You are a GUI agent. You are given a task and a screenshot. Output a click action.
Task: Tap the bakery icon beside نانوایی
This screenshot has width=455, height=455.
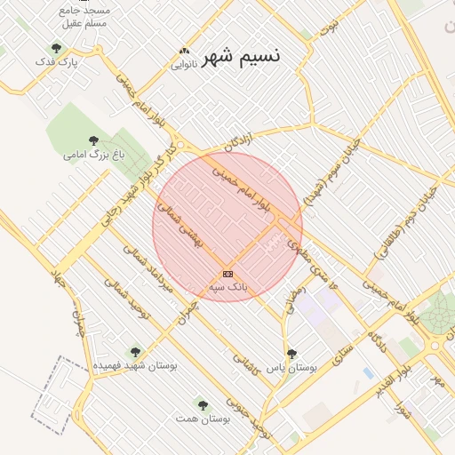coord(183,51)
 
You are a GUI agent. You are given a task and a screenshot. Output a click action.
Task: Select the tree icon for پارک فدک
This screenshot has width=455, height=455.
coord(57,48)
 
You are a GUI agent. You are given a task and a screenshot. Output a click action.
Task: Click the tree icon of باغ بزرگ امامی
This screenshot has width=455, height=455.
coord(94,140)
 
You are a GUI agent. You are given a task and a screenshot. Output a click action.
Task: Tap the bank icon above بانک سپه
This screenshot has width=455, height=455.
coord(228,274)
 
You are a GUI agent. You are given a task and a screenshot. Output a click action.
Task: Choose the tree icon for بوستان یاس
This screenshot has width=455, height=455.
coord(291,354)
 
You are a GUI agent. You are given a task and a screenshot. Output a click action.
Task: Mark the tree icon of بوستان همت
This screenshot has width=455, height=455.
coord(203,404)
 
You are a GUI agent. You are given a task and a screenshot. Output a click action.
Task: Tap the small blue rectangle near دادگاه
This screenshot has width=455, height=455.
coord(368,373)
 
